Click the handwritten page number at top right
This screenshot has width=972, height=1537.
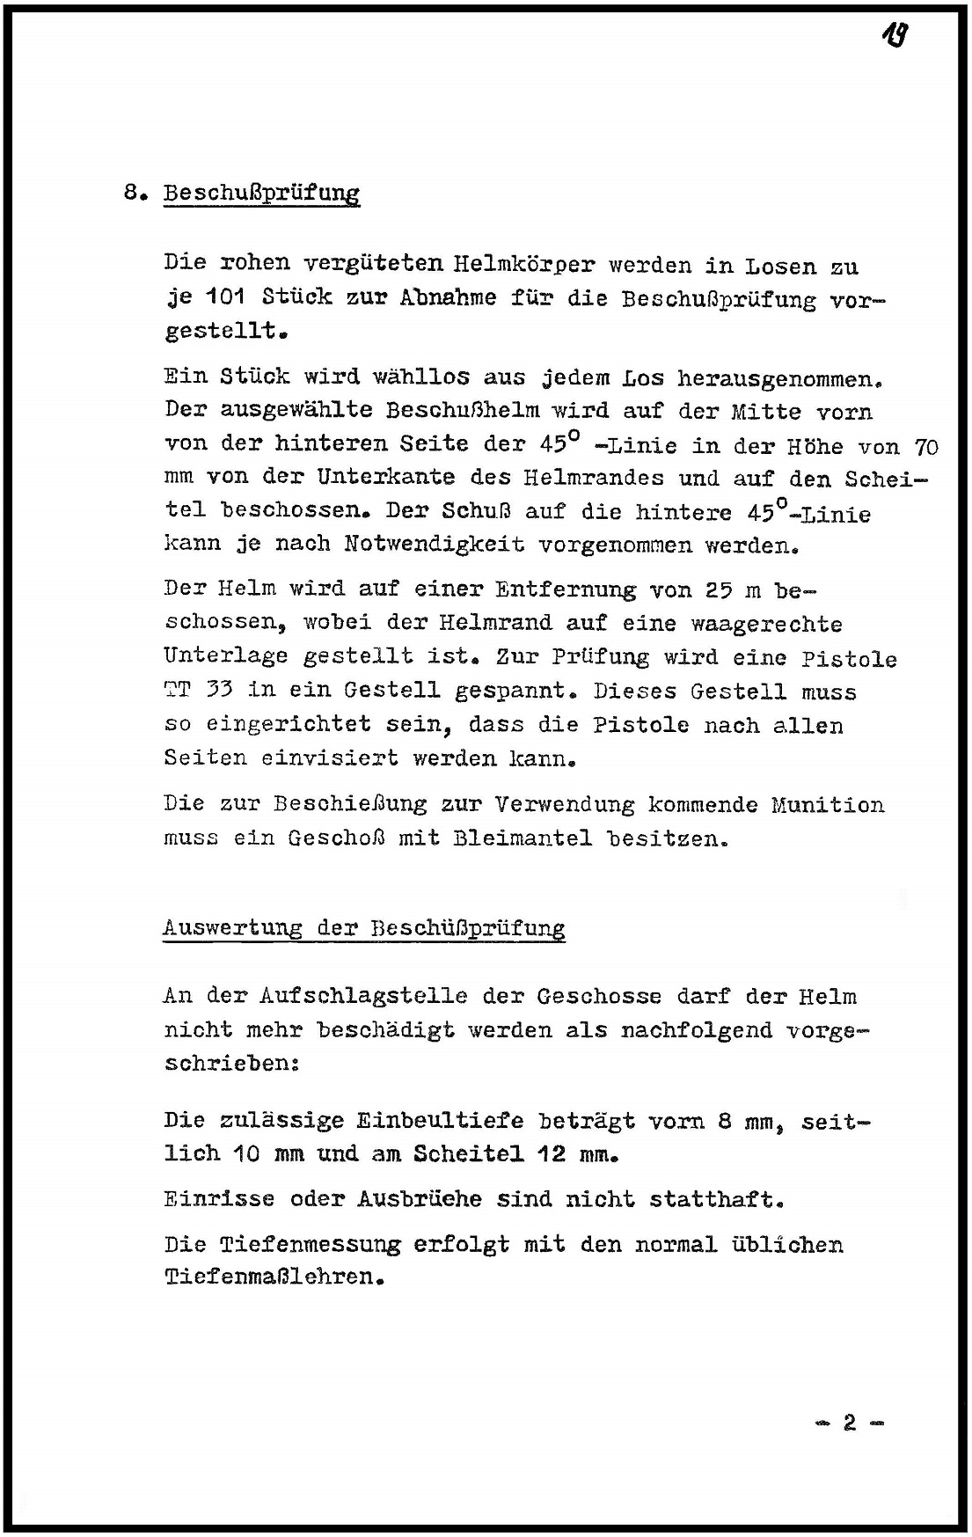click(x=895, y=36)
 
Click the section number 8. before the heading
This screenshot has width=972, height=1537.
click(x=134, y=193)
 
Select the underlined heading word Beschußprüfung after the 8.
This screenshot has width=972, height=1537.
click(x=261, y=194)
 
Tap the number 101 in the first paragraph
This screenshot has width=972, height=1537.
click(x=225, y=297)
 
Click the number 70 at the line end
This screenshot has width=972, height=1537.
click(x=926, y=447)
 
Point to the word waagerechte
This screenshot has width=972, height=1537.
click(x=766, y=625)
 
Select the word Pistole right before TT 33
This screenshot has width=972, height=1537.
click(x=849, y=659)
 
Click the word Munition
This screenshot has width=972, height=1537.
click(x=828, y=805)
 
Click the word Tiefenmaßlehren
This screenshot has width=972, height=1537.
click(x=268, y=1277)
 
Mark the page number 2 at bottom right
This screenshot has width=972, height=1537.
click(x=849, y=1423)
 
